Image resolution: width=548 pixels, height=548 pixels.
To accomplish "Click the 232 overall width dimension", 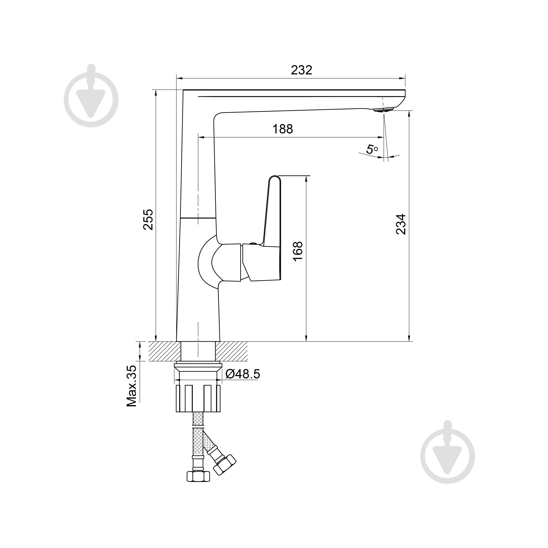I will click(x=301, y=70).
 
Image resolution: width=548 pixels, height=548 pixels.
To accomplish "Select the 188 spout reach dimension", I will click(x=283, y=129).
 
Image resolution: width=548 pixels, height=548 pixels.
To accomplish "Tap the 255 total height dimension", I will click(x=148, y=220).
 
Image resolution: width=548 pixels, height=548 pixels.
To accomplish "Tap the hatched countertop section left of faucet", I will click(x=165, y=351).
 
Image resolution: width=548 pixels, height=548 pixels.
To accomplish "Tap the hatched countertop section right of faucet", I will click(x=231, y=351).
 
